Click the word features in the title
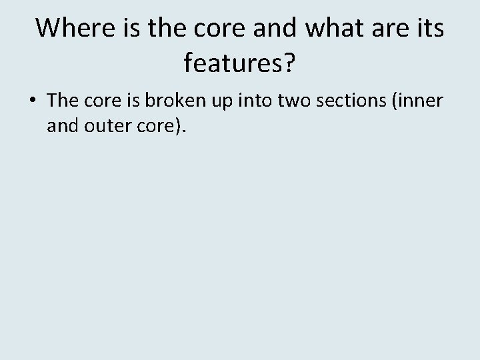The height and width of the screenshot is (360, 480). point(235,64)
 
